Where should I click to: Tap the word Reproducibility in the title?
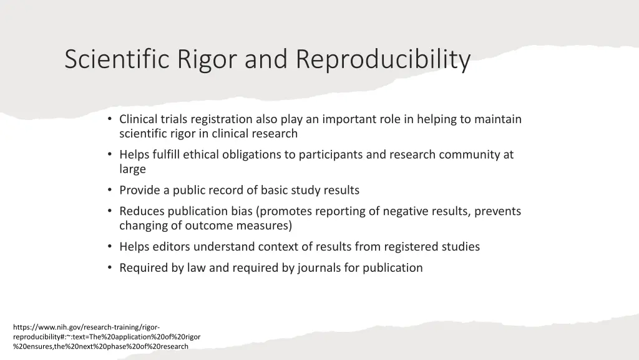pos(383,61)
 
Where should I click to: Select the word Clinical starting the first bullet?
pos(140,119)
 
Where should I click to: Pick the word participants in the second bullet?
pos(331,154)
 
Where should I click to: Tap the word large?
pos(132,169)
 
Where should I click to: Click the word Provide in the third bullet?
pos(139,190)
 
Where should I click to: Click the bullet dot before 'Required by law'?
pos(110,268)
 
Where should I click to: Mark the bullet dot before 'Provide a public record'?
pos(110,190)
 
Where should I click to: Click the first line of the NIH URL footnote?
pos(87,327)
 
